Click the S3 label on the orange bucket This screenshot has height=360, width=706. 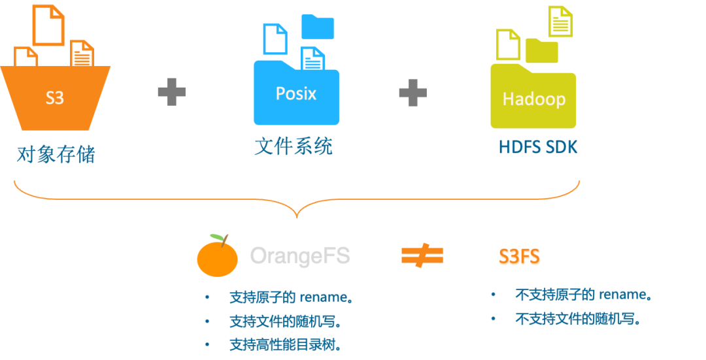(x=55, y=98)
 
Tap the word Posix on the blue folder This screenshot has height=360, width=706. (x=295, y=93)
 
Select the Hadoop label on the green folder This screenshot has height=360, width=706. (x=533, y=99)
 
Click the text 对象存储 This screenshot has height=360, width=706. (x=56, y=154)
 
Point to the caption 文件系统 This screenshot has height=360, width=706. (x=294, y=146)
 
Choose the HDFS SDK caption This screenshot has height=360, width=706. (x=538, y=147)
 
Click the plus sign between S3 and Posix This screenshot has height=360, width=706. (x=171, y=92)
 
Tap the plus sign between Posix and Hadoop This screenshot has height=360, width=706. (x=412, y=92)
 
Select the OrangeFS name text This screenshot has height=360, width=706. (x=300, y=255)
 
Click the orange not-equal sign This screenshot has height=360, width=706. (x=422, y=255)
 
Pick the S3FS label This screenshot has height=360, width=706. (x=520, y=257)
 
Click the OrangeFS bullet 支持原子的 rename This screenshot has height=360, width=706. (x=291, y=298)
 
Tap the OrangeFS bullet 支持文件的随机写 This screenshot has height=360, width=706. (x=286, y=321)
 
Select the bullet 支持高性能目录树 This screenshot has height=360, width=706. (x=286, y=344)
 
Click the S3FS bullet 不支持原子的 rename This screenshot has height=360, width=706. (x=583, y=295)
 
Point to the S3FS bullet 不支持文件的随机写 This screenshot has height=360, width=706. (x=577, y=319)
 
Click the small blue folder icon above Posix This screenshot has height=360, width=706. (x=318, y=26)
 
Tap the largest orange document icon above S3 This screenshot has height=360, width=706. (x=48, y=24)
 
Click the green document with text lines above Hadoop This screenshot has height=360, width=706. (x=560, y=21)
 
